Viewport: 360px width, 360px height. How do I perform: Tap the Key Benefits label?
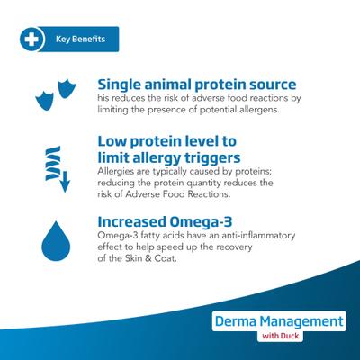[x=79, y=40]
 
